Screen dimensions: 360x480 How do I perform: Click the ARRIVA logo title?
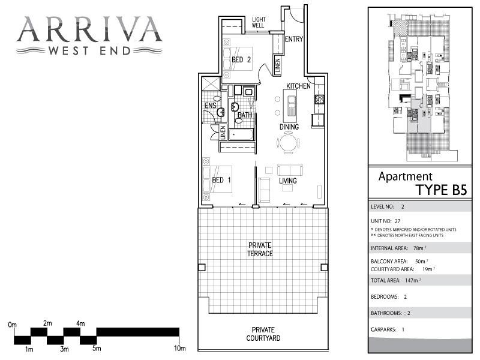coord(89,28)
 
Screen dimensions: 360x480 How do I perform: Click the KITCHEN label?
coord(298,86)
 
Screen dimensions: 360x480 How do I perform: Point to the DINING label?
coord(289,127)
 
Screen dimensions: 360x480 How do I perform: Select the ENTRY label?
coord(294,40)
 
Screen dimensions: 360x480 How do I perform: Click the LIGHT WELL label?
coord(259,23)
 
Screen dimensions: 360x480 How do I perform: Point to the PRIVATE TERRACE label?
coord(261,250)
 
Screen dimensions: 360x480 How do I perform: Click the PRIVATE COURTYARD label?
coord(263,334)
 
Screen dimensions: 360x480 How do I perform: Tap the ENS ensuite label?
coord(210,106)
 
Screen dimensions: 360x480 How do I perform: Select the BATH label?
coord(245,115)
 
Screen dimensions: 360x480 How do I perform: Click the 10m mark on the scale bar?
coord(180,349)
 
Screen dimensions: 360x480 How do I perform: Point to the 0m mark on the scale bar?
coord(13,325)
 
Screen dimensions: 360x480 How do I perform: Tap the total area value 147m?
coord(412,280)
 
